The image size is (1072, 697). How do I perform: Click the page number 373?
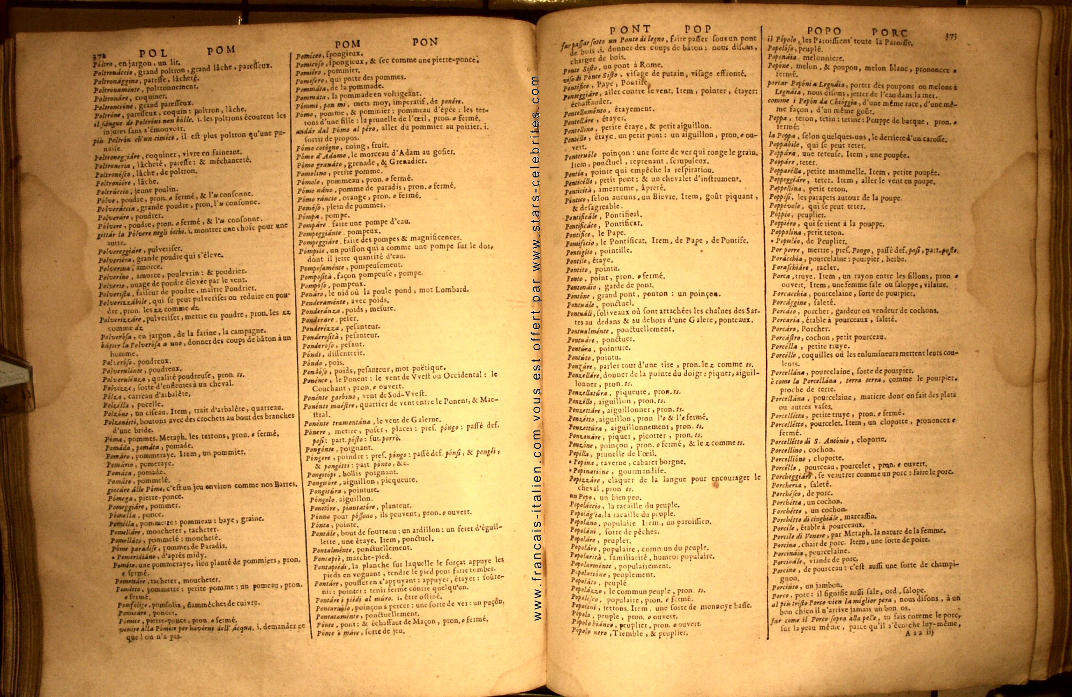951,36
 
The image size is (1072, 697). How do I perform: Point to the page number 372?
98,55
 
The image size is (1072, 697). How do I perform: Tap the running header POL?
153,53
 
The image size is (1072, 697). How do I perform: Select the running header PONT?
630,30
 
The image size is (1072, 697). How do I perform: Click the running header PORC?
889,33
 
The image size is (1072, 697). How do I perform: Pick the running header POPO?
824,31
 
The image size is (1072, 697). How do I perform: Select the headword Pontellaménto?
585,112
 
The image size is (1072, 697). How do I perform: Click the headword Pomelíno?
312,173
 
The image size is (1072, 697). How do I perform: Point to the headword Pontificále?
581,217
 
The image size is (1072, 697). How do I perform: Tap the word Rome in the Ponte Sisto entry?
650,65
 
